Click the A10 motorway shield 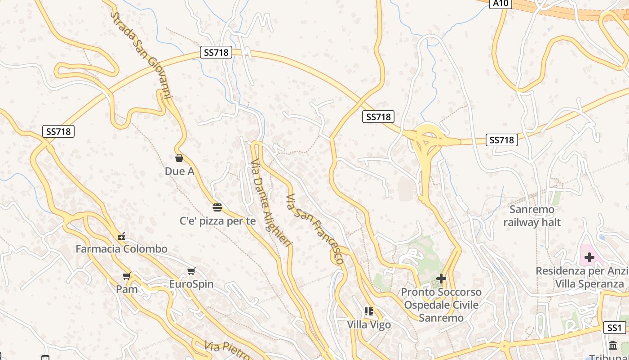(501, 4)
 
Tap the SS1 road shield (614, 328)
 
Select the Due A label (179, 171)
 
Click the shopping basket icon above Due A (179, 158)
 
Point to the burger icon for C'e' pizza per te (217, 207)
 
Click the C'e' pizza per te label (217, 221)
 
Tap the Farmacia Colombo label (121, 249)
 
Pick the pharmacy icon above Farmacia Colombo (121, 236)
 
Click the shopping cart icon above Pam (127, 276)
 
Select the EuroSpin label (191, 284)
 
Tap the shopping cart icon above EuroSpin (191, 271)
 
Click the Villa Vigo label (369, 324)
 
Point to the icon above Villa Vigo (369, 311)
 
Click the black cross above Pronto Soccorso (441, 279)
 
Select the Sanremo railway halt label (532, 216)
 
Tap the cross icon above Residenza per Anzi (589, 257)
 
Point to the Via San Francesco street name (314, 229)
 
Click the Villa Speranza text (589, 284)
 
